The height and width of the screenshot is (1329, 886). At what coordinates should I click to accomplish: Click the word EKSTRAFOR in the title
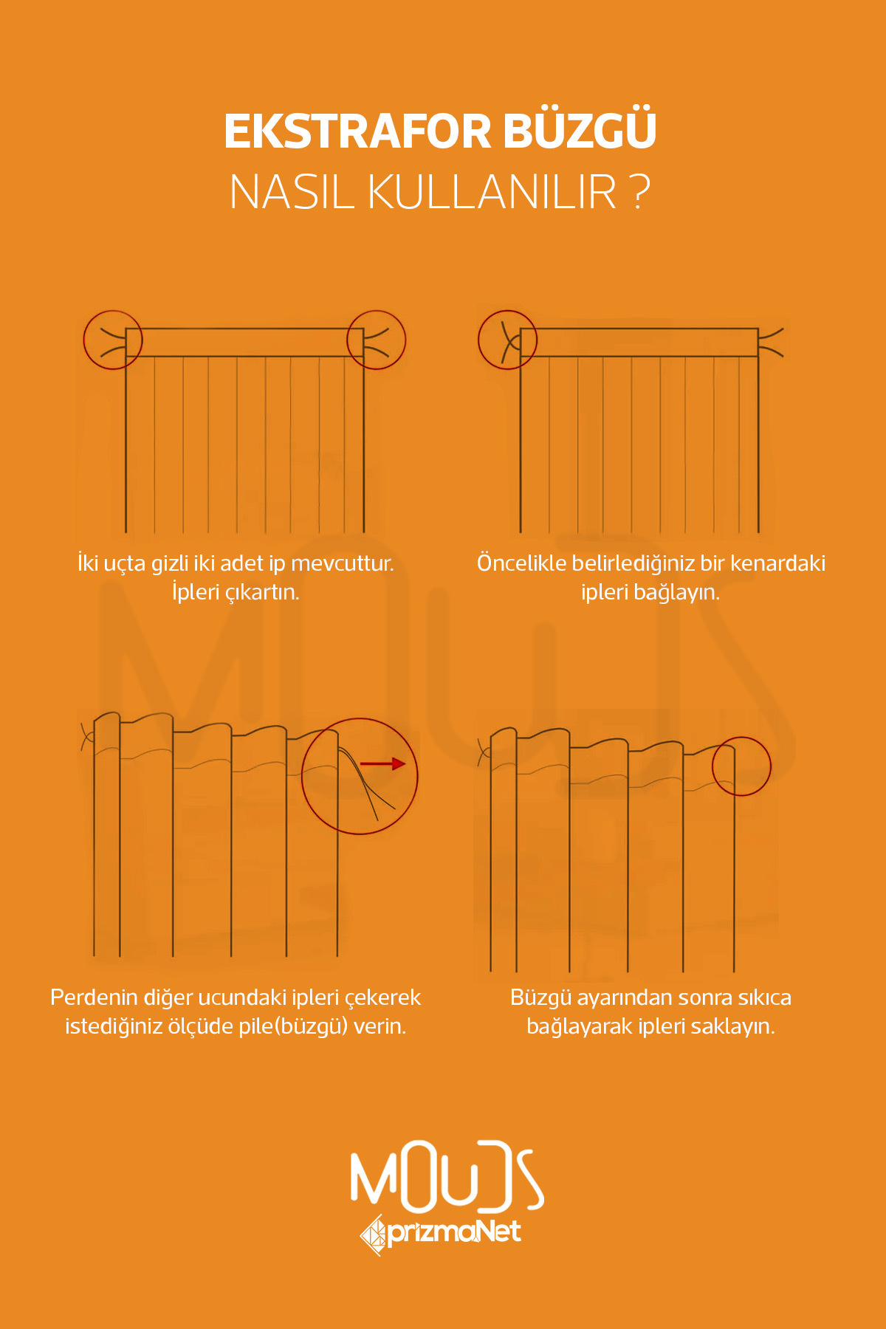[x=358, y=132]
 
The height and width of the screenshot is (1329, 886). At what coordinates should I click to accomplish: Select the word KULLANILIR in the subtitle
[x=492, y=193]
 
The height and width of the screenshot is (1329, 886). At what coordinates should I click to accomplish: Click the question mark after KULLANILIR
[x=642, y=193]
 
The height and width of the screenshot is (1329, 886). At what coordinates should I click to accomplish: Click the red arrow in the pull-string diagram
[x=383, y=763]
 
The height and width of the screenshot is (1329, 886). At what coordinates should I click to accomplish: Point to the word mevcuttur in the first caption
[x=343, y=563]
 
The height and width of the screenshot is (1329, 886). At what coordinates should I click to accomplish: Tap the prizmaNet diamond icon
[x=374, y=1234]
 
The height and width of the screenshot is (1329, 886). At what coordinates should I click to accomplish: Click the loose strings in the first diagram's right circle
[x=377, y=340]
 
